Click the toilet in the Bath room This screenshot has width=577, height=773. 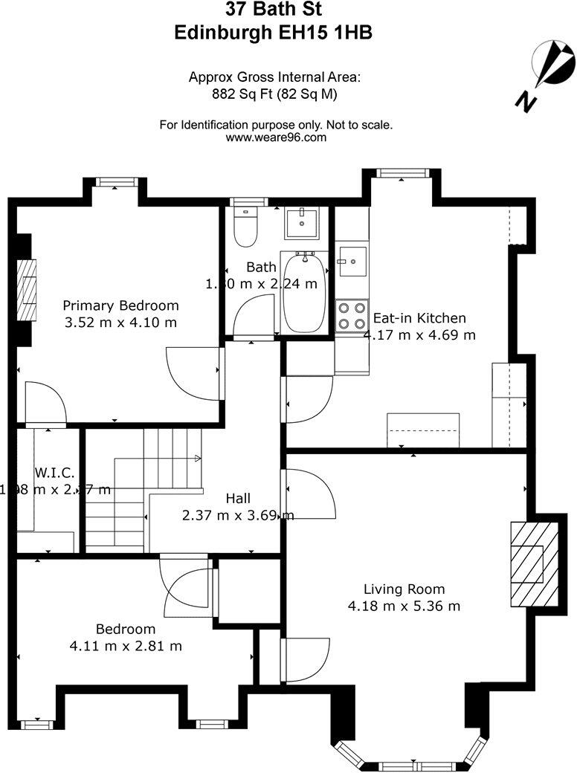(245, 227)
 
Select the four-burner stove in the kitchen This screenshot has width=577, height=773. (352, 314)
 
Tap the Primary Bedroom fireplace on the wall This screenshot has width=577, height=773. (28, 290)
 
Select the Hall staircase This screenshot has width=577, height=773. (141, 491)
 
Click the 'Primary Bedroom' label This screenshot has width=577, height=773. (120, 305)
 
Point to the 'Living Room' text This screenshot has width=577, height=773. (404, 589)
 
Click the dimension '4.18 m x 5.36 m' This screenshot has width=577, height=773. (404, 607)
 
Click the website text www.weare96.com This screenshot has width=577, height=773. (276, 138)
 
